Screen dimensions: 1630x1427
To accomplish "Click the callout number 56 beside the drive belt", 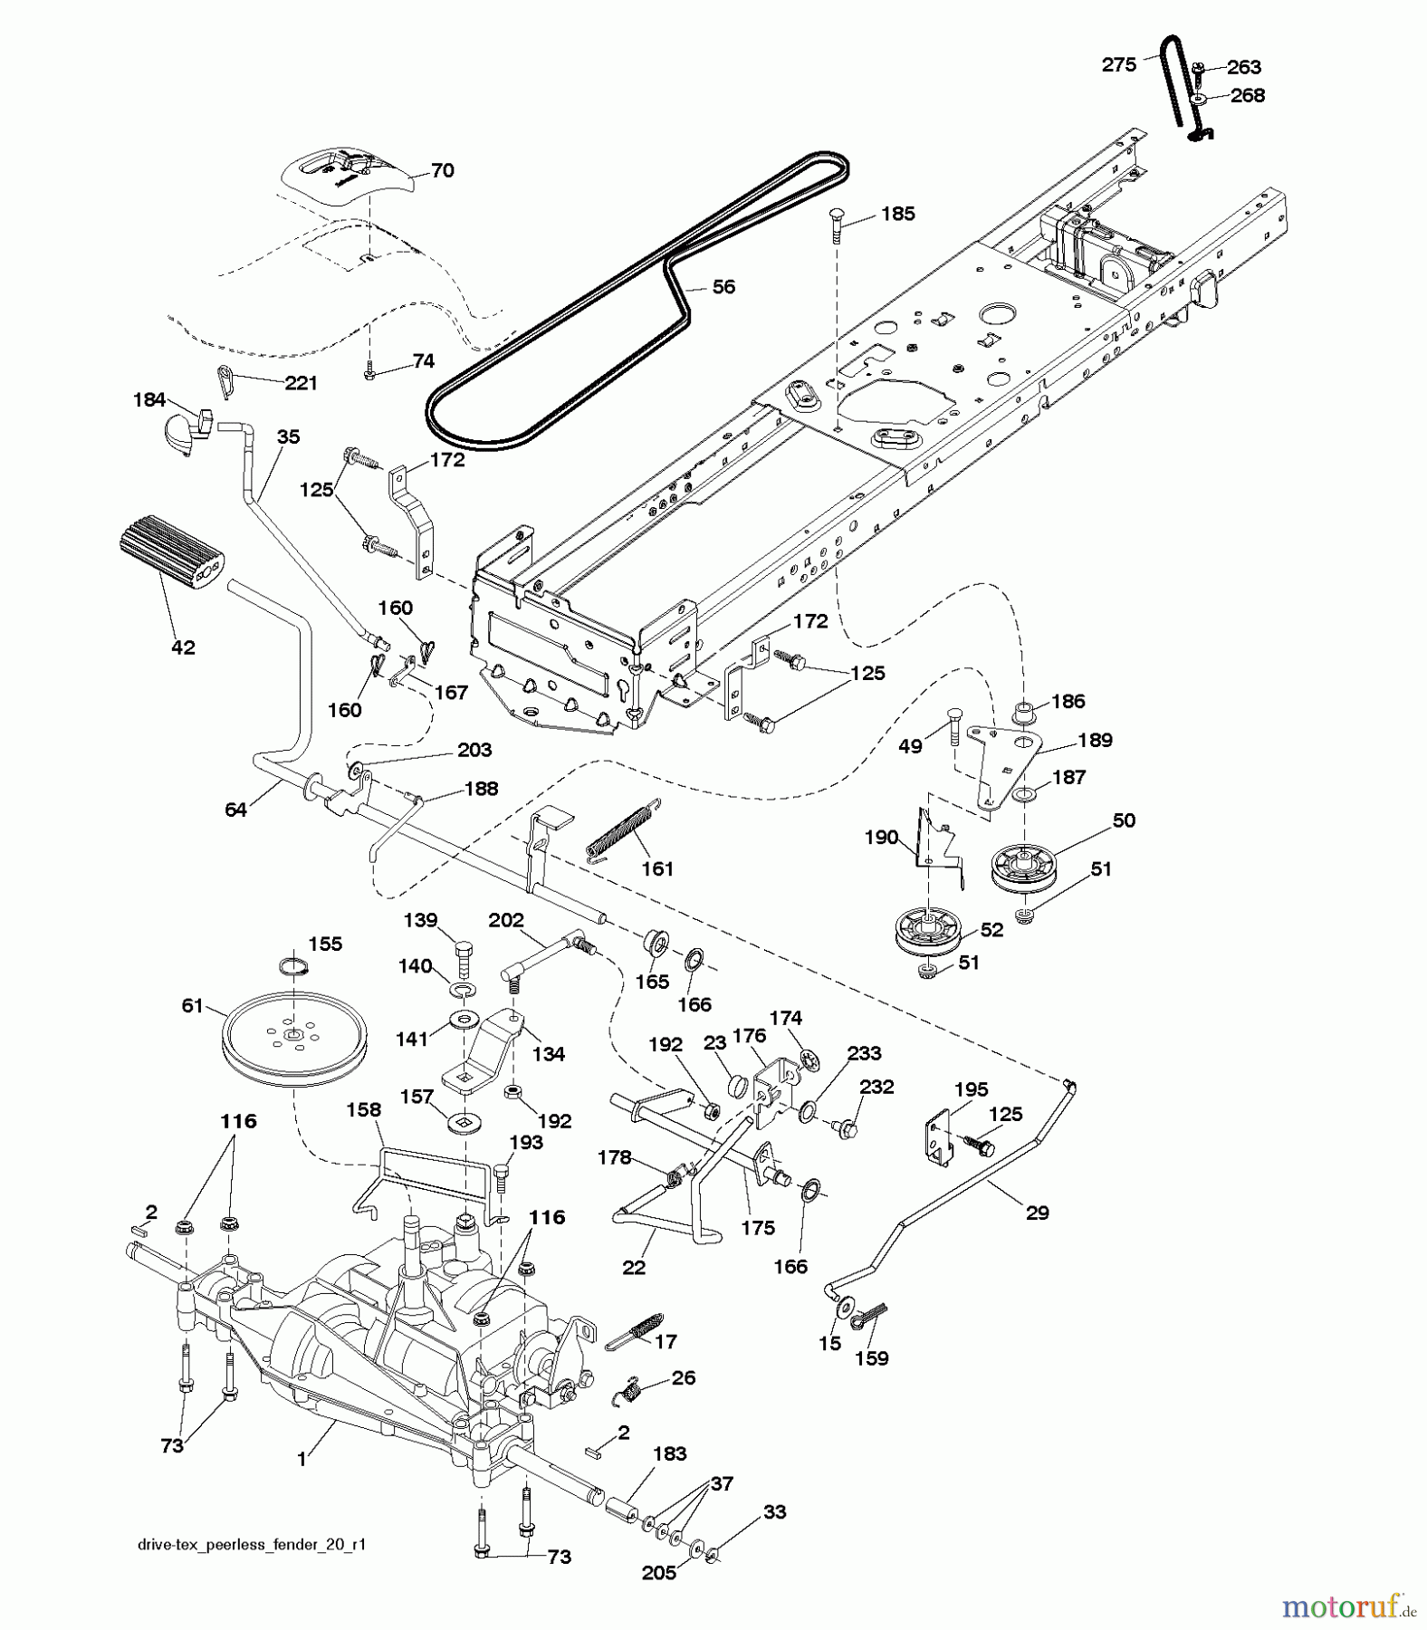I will (x=723, y=287).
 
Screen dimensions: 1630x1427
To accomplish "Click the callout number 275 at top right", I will (x=1118, y=64).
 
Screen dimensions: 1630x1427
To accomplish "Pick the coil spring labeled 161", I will (x=623, y=829).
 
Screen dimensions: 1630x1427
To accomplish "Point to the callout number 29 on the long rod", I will (x=1037, y=1213).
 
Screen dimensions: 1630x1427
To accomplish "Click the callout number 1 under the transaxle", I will (x=302, y=1459).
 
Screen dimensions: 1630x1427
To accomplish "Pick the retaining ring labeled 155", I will (x=294, y=966).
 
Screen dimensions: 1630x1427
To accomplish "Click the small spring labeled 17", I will (x=637, y=1329).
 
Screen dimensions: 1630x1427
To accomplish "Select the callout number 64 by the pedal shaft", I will (x=235, y=810).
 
